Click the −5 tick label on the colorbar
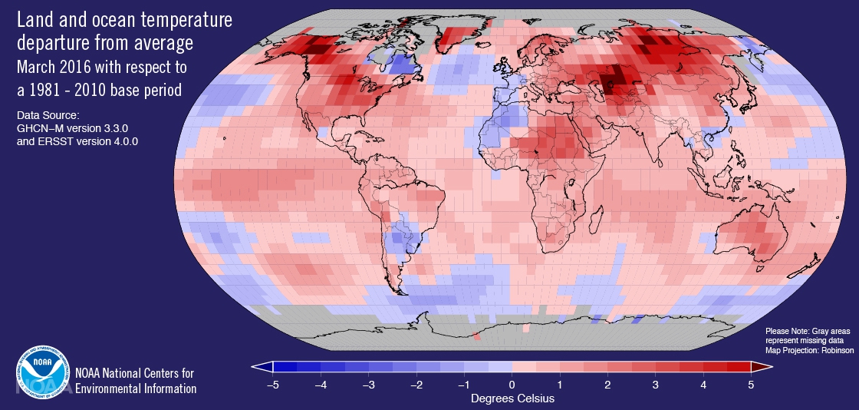click(272, 384)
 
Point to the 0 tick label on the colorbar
click(512, 384)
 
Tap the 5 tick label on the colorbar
click(750, 384)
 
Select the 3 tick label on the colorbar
click(655, 384)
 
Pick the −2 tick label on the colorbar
click(415, 384)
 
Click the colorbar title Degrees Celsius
click(512, 398)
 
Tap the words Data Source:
click(47, 115)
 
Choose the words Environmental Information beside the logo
click(136, 389)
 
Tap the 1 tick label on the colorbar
click(559, 384)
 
